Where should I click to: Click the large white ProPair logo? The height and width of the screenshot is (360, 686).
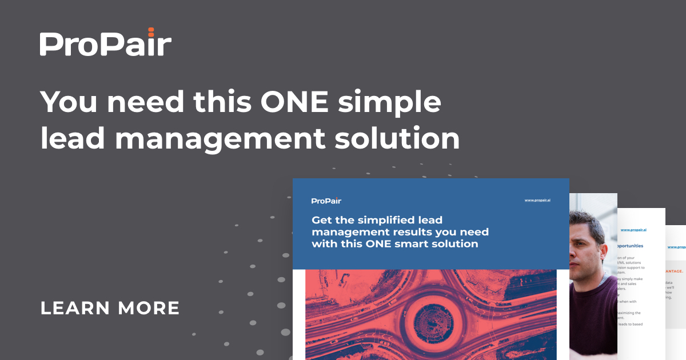(105, 45)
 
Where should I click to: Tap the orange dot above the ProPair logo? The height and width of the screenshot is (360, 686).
(151, 29)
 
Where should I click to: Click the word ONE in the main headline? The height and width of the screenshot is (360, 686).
(297, 103)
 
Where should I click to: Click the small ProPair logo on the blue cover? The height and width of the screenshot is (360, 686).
(326, 201)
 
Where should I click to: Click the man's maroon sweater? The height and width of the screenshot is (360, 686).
(595, 320)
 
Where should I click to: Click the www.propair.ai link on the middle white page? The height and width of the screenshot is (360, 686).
(633, 230)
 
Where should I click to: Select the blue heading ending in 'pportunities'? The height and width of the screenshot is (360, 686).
(631, 246)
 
